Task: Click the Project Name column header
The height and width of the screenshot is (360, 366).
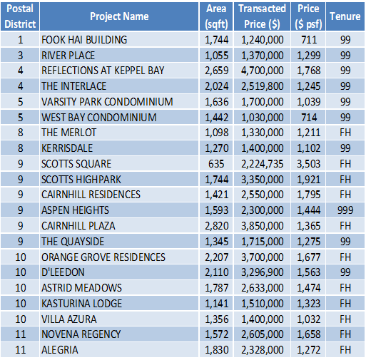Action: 119,16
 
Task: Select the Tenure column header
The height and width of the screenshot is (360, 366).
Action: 345,16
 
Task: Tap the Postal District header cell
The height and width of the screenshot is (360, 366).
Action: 20,16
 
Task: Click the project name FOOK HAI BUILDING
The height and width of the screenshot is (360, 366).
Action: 84,40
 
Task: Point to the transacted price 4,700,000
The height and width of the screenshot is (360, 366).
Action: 262,71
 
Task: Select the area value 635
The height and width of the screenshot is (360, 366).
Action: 216,164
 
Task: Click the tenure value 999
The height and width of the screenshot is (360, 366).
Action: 345,210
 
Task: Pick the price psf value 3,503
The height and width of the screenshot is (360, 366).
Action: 308,164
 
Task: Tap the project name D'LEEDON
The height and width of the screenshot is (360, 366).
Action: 63,272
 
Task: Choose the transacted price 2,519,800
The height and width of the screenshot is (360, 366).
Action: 262,86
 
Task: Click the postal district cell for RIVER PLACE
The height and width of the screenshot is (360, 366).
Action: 21,56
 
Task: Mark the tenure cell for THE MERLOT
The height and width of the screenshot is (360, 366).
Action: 345,133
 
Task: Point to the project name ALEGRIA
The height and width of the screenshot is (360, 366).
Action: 60,350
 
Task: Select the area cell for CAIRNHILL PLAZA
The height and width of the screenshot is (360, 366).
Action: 217,226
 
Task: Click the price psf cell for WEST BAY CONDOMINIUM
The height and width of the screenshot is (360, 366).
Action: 309,118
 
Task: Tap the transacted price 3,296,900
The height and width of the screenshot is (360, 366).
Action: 262,272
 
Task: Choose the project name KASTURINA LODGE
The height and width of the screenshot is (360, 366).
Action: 82,304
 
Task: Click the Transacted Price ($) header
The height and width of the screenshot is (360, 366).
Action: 262,16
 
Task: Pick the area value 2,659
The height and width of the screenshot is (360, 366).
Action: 217,71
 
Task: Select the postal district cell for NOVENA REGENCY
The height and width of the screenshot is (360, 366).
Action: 21,334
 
